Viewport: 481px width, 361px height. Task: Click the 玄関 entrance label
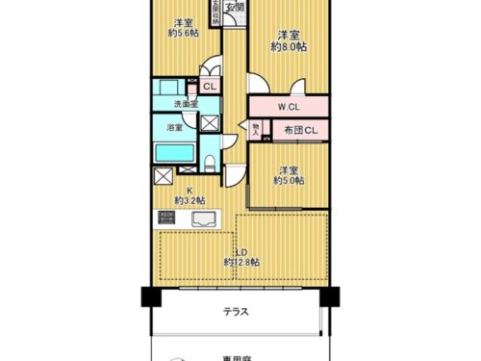pyautogui.click(x=235, y=7)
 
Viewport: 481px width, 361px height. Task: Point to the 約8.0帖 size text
pyautogui.click(x=289, y=45)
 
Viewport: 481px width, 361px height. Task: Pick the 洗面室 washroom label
pyautogui.click(x=185, y=103)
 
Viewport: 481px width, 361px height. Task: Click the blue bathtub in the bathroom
pyautogui.click(x=175, y=153)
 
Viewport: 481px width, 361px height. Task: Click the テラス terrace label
pyautogui.click(x=238, y=311)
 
